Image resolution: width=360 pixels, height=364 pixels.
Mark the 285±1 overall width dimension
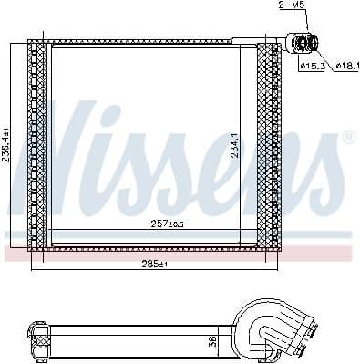(x=156, y=264)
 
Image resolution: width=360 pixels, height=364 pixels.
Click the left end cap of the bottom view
(x=37, y=338)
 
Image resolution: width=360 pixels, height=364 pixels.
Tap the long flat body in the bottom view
(x=137, y=338)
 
